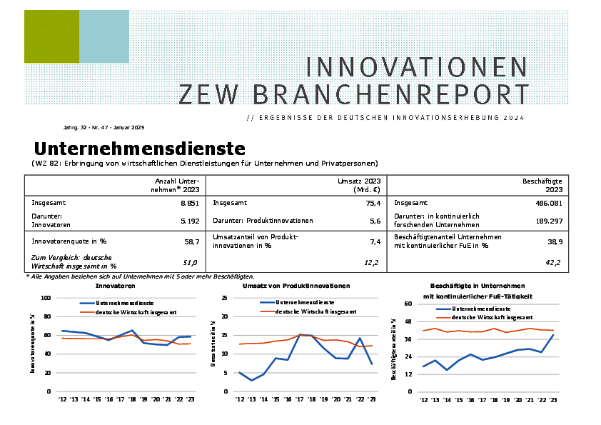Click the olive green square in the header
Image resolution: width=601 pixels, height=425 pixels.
[x=51, y=36]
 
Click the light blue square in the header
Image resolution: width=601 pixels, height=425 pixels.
[x=104, y=36]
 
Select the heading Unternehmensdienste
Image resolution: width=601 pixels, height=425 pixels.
[x=139, y=149]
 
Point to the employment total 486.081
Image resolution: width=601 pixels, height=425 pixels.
[x=547, y=203]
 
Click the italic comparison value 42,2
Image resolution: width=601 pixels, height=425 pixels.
[x=554, y=263]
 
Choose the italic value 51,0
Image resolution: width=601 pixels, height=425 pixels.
[x=191, y=263]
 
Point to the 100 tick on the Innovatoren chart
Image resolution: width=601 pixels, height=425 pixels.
[x=46, y=298]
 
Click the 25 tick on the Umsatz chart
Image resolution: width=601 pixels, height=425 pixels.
[x=224, y=298]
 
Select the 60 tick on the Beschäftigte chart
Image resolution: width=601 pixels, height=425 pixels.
[x=409, y=304]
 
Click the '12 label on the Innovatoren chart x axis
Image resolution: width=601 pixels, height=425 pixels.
[x=62, y=400]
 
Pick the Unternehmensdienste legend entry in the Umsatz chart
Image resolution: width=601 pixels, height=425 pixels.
[x=304, y=303]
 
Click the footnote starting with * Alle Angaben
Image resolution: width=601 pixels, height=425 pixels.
[x=139, y=276]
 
